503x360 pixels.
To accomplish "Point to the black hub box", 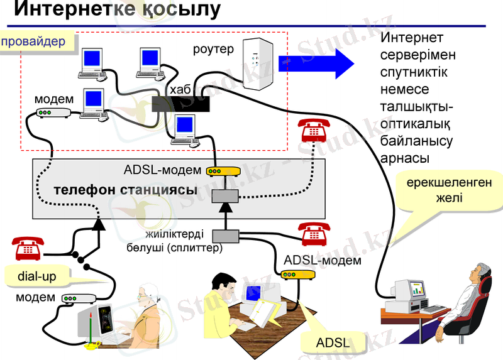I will tap(180, 104).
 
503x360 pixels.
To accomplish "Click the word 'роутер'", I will tap(214, 48).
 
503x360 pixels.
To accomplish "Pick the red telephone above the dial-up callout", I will tap(29, 248).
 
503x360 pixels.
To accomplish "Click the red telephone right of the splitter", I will tap(313, 234).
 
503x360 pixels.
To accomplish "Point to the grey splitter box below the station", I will tap(225, 236).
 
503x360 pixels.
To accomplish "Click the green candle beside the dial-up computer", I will tap(92, 326).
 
